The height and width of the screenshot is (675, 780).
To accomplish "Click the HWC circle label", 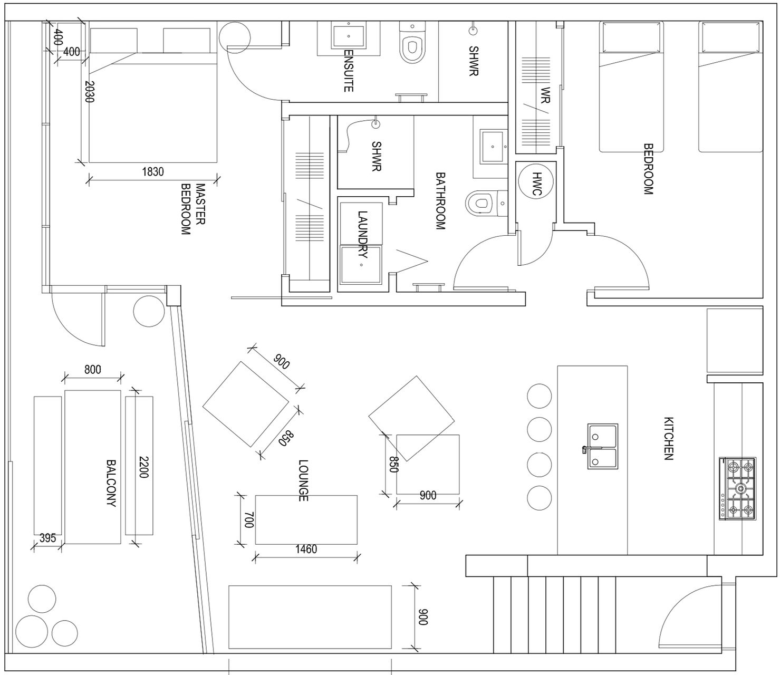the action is [x=536, y=184].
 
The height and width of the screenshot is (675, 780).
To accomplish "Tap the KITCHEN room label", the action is [x=668, y=438].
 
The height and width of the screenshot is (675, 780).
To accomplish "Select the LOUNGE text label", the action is [x=303, y=480].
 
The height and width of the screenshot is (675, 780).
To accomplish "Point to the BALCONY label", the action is [x=111, y=483].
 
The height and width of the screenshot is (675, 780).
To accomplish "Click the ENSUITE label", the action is [x=348, y=70].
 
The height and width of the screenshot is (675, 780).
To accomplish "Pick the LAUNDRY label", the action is [x=362, y=234].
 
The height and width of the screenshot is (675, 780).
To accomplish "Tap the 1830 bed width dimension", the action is [x=153, y=172].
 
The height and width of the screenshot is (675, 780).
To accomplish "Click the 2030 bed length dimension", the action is [x=90, y=92].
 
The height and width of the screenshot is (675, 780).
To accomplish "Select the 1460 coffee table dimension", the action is [x=306, y=549].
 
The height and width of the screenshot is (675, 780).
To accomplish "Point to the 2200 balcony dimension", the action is [x=144, y=467].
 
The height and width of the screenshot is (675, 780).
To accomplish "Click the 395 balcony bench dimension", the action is [x=47, y=538].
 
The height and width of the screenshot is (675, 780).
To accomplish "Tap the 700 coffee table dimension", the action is [x=249, y=520].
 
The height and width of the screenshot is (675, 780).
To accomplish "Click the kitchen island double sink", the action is [x=603, y=446].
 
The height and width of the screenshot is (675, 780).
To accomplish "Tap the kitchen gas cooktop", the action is [x=738, y=489].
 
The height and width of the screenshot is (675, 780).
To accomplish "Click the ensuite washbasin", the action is [x=348, y=36].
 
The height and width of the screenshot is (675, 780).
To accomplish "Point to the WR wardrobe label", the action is [x=545, y=95].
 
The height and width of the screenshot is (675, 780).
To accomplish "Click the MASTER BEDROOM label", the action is [x=192, y=209].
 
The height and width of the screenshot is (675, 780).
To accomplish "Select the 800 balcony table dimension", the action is [x=93, y=369].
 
